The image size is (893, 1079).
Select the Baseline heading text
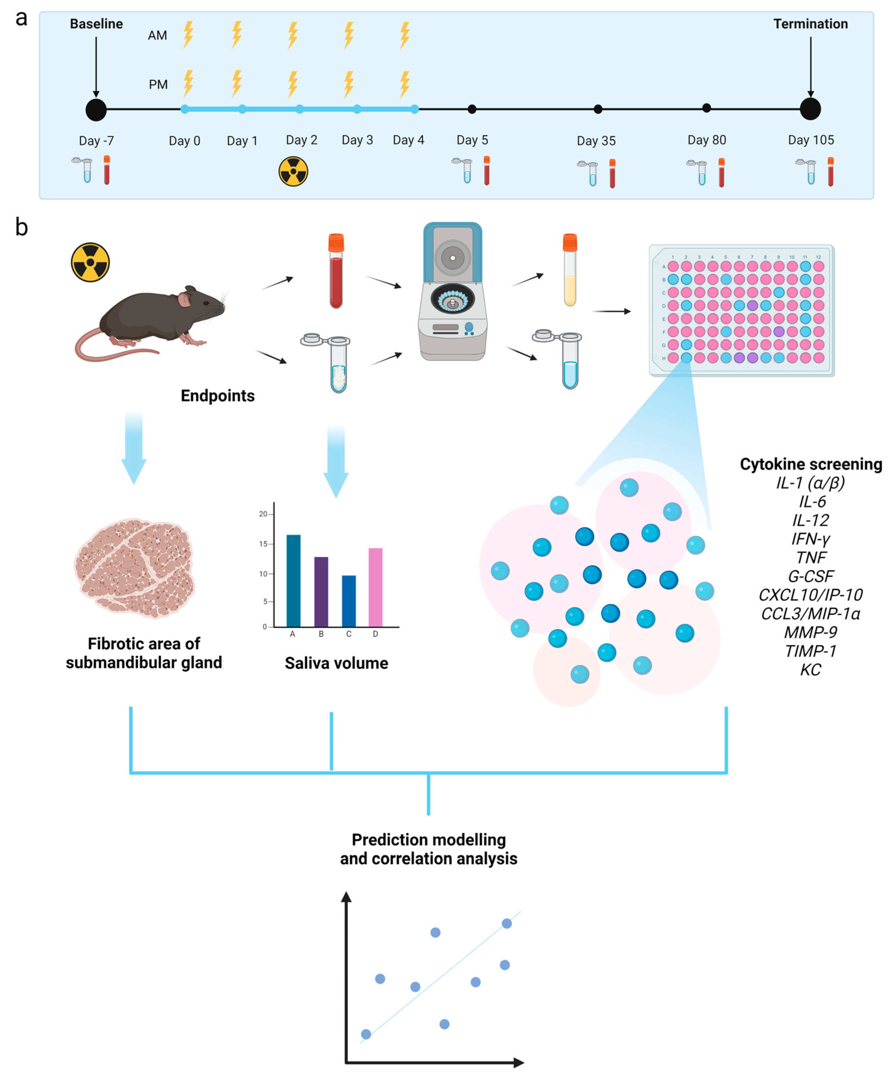tap(96, 24)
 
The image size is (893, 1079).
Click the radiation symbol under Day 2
tap(293, 171)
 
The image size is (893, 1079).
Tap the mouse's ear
tap(184, 300)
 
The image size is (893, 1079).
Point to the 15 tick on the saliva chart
tap(263, 544)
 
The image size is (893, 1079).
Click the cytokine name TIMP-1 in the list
tap(810, 651)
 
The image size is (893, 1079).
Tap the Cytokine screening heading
tap(810, 464)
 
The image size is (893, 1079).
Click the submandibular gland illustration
tap(135, 568)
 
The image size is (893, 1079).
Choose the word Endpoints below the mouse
tap(217, 396)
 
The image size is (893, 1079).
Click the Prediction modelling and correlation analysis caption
tap(429, 849)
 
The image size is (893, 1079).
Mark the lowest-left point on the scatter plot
tap(366, 1034)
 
